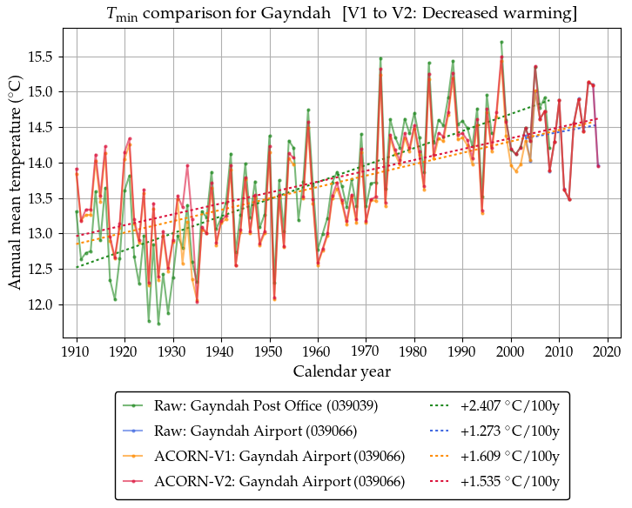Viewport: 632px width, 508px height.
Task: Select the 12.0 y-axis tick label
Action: pos(41,305)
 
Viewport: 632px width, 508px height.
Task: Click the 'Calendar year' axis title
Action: pos(341,371)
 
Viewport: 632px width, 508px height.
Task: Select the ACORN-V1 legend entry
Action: pos(279,457)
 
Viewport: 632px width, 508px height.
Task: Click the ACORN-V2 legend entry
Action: pos(279,482)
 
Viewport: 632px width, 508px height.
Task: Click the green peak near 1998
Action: pos(501,42)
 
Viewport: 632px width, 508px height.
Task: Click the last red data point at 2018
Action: pos(598,166)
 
